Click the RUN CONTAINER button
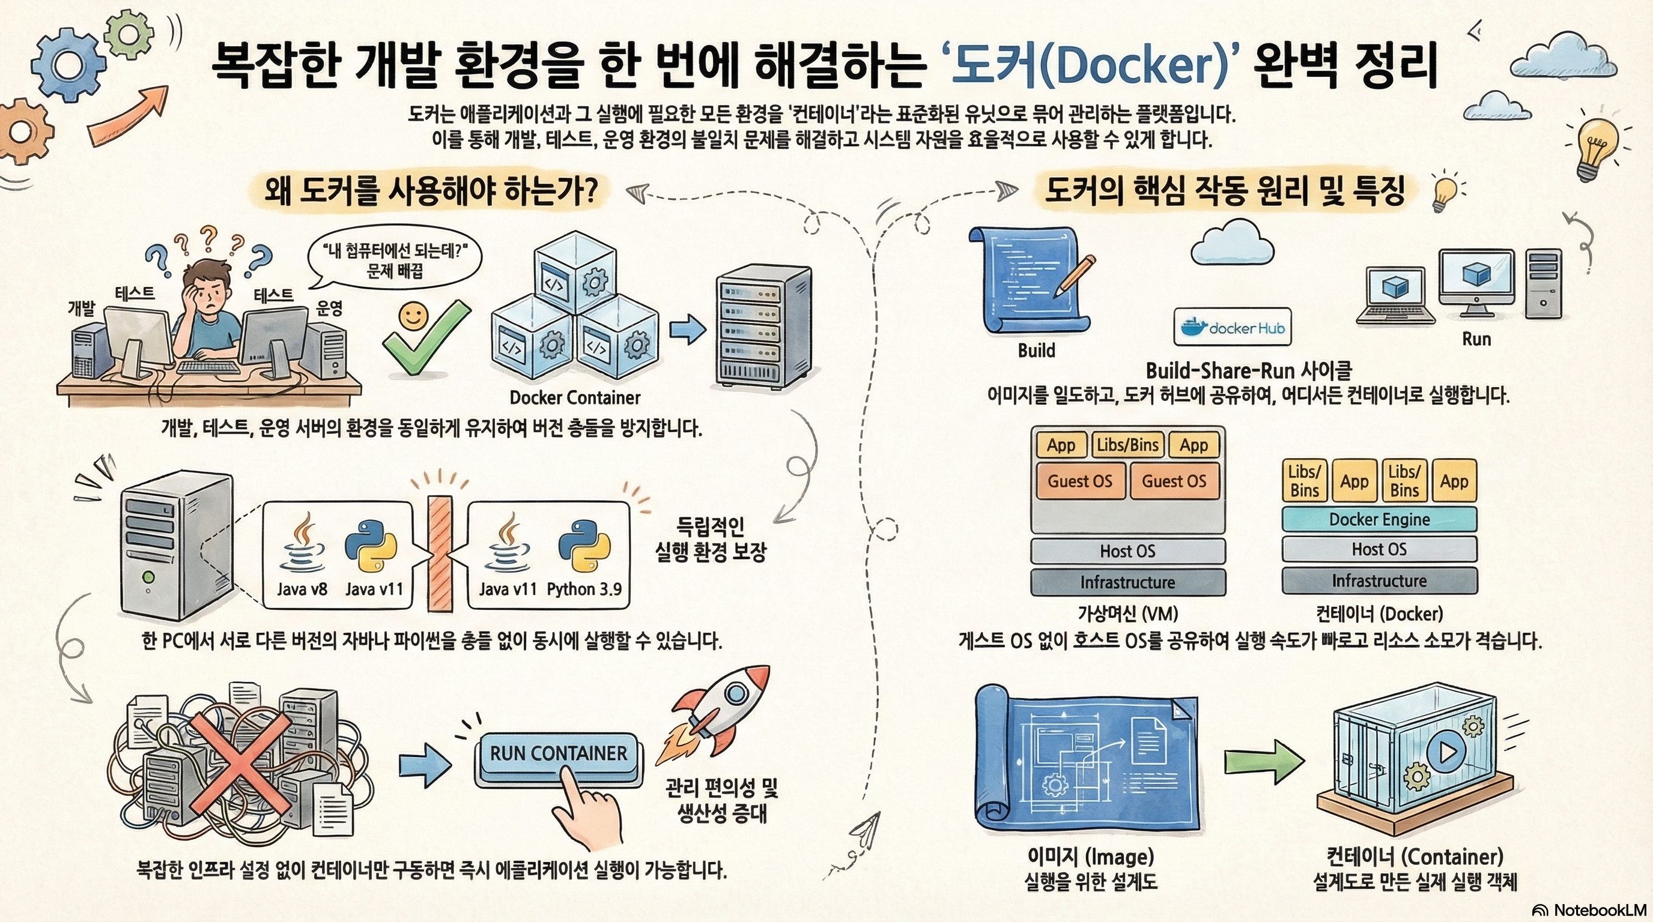click(558, 754)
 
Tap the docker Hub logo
click(1233, 328)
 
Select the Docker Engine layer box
click(1379, 519)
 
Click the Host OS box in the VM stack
click(1127, 551)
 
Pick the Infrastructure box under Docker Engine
click(1379, 581)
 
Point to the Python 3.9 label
click(584, 589)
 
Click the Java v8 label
click(302, 589)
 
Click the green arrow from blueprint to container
click(1263, 762)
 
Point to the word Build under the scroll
click(1036, 351)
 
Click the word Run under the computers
click(1476, 339)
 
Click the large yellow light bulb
click(1598, 144)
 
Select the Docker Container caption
click(574, 397)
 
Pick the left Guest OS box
click(1080, 481)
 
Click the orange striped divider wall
click(440, 555)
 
